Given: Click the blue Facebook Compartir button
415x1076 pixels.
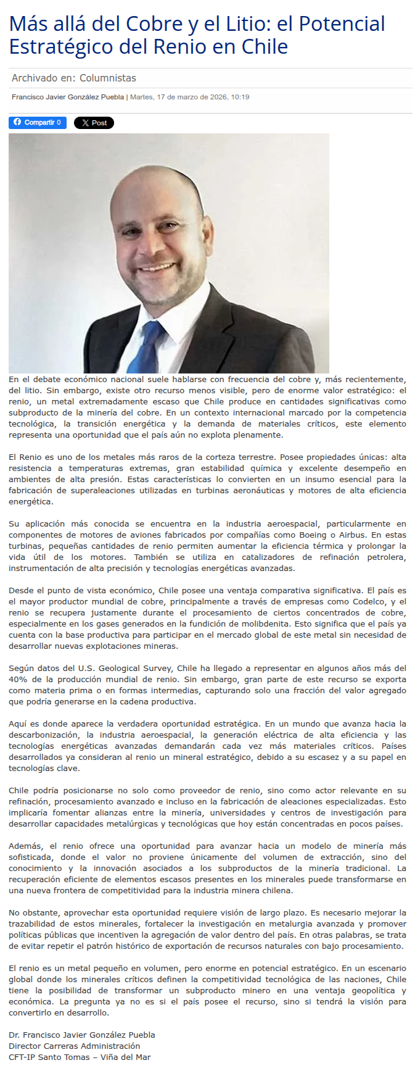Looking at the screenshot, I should pyautogui.click(x=37, y=123).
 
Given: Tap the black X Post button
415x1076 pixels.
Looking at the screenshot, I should pyautogui.click(x=94, y=123).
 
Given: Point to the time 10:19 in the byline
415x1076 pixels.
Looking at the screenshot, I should pyautogui.click(x=240, y=97).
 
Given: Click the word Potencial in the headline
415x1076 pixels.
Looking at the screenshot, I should pyautogui.click(x=342, y=24).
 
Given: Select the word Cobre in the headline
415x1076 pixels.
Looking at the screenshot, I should pyautogui.click(x=154, y=24).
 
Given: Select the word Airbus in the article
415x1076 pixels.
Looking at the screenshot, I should pyautogui.click(x=353, y=535).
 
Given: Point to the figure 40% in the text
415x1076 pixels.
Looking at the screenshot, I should pyautogui.click(x=18, y=679).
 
